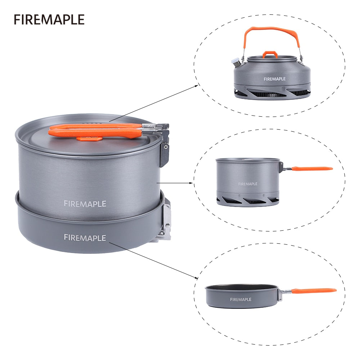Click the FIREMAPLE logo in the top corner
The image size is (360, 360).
pyautogui.click(x=49, y=19)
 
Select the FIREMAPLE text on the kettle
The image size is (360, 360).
pyautogui.click(x=274, y=79)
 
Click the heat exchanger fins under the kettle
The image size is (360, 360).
pyautogui.click(x=272, y=93)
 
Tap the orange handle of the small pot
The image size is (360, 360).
pyautogui.click(x=312, y=168)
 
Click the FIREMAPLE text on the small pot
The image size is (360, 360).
pyautogui.click(x=248, y=184)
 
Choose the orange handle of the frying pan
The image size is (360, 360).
pyautogui.click(x=314, y=290)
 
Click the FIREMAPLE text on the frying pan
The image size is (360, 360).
pyautogui.click(x=241, y=300)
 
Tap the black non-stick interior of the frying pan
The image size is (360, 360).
pyautogui.click(x=242, y=287)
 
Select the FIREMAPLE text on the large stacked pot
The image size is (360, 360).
pyautogui.click(x=85, y=203)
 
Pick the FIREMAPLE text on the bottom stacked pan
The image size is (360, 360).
pyautogui.click(x=85, y=238)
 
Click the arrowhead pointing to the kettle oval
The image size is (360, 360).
pyautogui.click(x=197, y=85)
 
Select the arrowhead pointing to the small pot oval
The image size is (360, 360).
pyautogui.click(x=192, y=183)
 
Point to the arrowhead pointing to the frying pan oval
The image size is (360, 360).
pyautogui.click(x=197, y=278)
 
